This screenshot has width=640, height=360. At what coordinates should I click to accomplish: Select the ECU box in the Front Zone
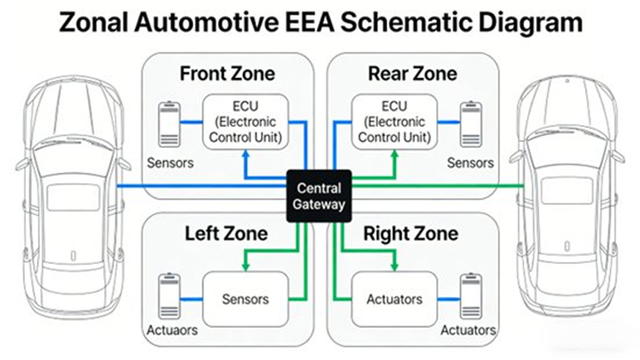245,121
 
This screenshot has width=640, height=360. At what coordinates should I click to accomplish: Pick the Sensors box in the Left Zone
245,299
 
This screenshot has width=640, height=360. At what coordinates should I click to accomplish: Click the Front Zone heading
227,74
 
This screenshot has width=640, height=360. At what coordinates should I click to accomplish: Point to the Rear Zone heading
412,74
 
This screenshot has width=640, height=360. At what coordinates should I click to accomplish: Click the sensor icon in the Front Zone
170,123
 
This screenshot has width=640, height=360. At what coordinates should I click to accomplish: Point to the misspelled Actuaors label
172,330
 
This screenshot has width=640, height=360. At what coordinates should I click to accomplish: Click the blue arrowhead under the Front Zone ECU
245,155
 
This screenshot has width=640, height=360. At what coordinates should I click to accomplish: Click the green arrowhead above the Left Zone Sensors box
245,266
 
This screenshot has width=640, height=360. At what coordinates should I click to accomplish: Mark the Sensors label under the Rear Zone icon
469,162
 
